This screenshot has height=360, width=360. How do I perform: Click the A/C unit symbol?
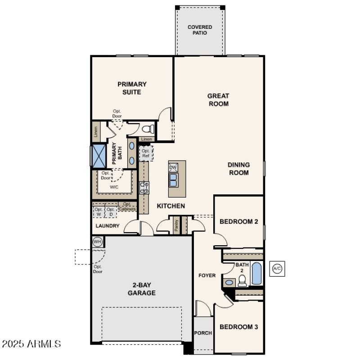pyautogui.click(x=277, y=269)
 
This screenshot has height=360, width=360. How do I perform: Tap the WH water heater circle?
pyautogui.click(x=97, y=242)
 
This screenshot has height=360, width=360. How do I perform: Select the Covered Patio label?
pyautogui.click(x=200, y=30)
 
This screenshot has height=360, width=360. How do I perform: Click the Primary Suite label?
pyautogui.click(x=132, y=88)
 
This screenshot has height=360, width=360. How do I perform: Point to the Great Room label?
pyautogui.click(x=218, y=99)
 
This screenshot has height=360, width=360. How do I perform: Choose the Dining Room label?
pyautogui.click(x=238, y=169)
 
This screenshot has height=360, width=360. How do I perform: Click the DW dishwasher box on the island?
pyautogui.click(x=173, y=167)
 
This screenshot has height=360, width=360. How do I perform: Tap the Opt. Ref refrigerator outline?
pyautogui.click(x=146, y=153)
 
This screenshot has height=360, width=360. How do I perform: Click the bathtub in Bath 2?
pyautogui.click(x=256, y=274)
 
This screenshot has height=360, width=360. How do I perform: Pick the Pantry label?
pyautogui.click(x=176, y=225)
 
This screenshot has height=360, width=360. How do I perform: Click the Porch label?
pyautogui.click(x=203, y=333)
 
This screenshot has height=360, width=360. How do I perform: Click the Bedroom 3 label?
pyautogui.click(x=238, y=327)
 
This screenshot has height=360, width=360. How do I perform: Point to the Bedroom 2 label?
pyautogui.click(x=238, y=221)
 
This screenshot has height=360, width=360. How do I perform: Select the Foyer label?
pyautogui.click(x=207, y=275)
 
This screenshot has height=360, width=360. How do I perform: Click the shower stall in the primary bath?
pyautogui.click(x=98, y=154)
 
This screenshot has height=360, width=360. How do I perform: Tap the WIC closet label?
pyautogui.click(x=114, y=186)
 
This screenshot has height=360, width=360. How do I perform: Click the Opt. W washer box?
pyautogui.click(x=99, y=211)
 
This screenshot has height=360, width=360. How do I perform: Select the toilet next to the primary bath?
pyautogui.click(x=149, y=129)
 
